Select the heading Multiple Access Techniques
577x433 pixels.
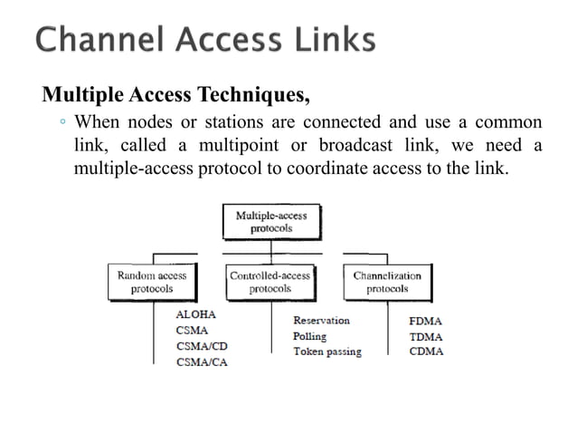coord(179,93)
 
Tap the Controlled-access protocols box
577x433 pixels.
coord(270,282)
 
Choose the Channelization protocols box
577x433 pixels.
coord(387,282)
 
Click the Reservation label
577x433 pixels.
coord(321,321)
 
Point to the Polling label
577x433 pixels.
coord(310,336)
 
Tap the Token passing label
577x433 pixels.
coord(326,351)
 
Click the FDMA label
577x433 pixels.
coord(427,321)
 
